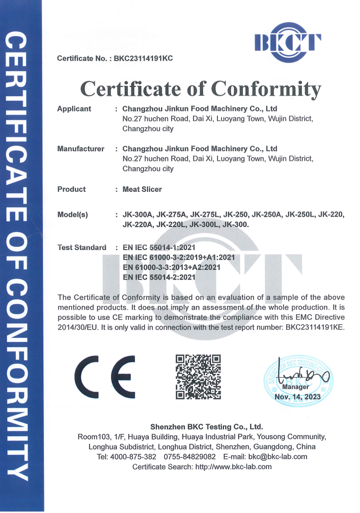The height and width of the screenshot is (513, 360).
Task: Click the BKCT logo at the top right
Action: click(288, 42)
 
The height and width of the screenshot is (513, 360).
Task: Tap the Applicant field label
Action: click(74, 109)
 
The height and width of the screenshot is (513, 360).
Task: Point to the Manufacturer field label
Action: click(81, 149)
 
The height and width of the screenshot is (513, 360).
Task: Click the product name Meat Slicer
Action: click(142, 189)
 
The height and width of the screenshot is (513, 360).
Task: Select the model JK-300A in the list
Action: click(138, 215)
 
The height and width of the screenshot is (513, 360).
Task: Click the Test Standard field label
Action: click(82, 247)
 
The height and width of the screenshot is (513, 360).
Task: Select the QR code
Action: click(199, 376)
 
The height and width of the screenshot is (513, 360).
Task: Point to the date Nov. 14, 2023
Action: click(297, 396)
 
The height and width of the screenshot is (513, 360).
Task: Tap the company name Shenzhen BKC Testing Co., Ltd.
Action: click(206, 426)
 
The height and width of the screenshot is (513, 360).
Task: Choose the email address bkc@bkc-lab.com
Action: click(277, 457)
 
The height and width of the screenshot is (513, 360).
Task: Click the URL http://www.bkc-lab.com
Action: click(233, 467)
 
